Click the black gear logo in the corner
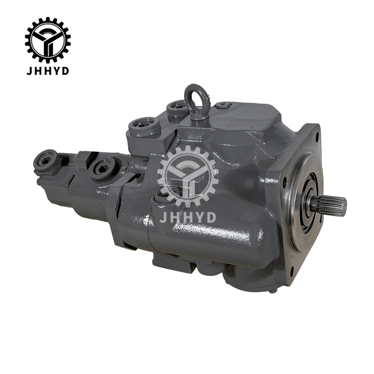pos(48,40)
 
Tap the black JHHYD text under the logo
pos(48,71)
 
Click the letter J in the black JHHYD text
pos(29,71)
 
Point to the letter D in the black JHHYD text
pos(65,71)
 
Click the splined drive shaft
pos(330,205)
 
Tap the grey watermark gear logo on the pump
pos(188,176)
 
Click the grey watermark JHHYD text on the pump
pos(188,217)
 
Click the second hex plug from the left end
pos(103,168)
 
